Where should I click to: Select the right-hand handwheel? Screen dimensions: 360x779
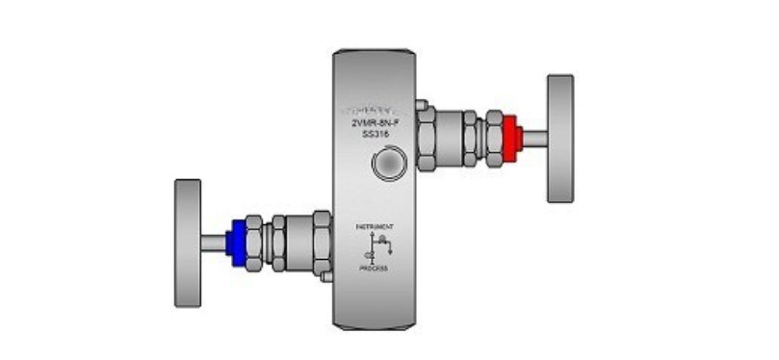(560, 138)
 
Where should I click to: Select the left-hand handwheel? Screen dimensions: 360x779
(188, 242)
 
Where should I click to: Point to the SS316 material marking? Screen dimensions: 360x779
(375, 136)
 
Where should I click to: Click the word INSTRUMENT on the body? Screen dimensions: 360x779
(375, 225)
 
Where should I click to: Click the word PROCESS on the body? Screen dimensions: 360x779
(375, 269)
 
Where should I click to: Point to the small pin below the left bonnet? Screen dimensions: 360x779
(326, 276)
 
